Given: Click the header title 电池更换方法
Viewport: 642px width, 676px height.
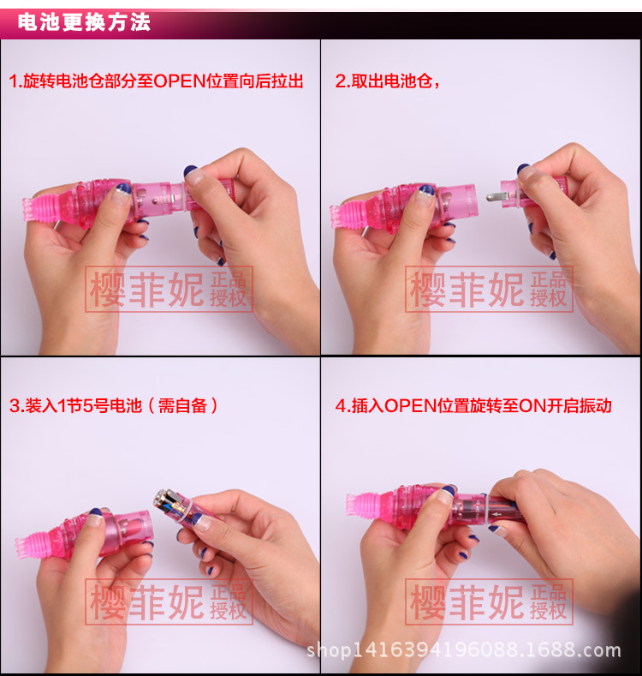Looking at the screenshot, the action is pos(84,22).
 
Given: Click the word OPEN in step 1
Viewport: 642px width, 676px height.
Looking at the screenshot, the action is pos(180,81).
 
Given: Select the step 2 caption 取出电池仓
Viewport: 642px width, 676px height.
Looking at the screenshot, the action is pos(392,81).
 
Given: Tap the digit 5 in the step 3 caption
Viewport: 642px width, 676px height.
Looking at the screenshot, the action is pos(88,406).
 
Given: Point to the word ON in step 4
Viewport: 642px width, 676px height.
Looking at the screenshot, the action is pos(532,406).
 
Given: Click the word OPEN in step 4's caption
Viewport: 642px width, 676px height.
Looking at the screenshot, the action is pos(411,406).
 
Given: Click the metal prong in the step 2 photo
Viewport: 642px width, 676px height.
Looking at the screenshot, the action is pos(496,196).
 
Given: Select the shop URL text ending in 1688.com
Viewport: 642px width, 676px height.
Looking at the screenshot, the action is pos(464,650).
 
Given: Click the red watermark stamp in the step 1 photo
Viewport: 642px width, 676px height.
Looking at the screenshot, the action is pos(169,289).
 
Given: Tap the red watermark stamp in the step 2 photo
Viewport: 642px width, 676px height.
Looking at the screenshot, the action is pos(489,289).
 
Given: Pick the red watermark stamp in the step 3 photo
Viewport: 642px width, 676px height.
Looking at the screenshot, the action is pos(169,601).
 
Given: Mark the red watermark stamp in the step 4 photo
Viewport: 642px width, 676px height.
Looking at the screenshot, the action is pos(489,601).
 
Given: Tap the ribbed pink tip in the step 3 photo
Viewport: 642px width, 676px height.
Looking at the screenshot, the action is pos(35,545).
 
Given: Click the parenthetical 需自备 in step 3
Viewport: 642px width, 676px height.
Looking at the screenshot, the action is pos(182,406).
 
